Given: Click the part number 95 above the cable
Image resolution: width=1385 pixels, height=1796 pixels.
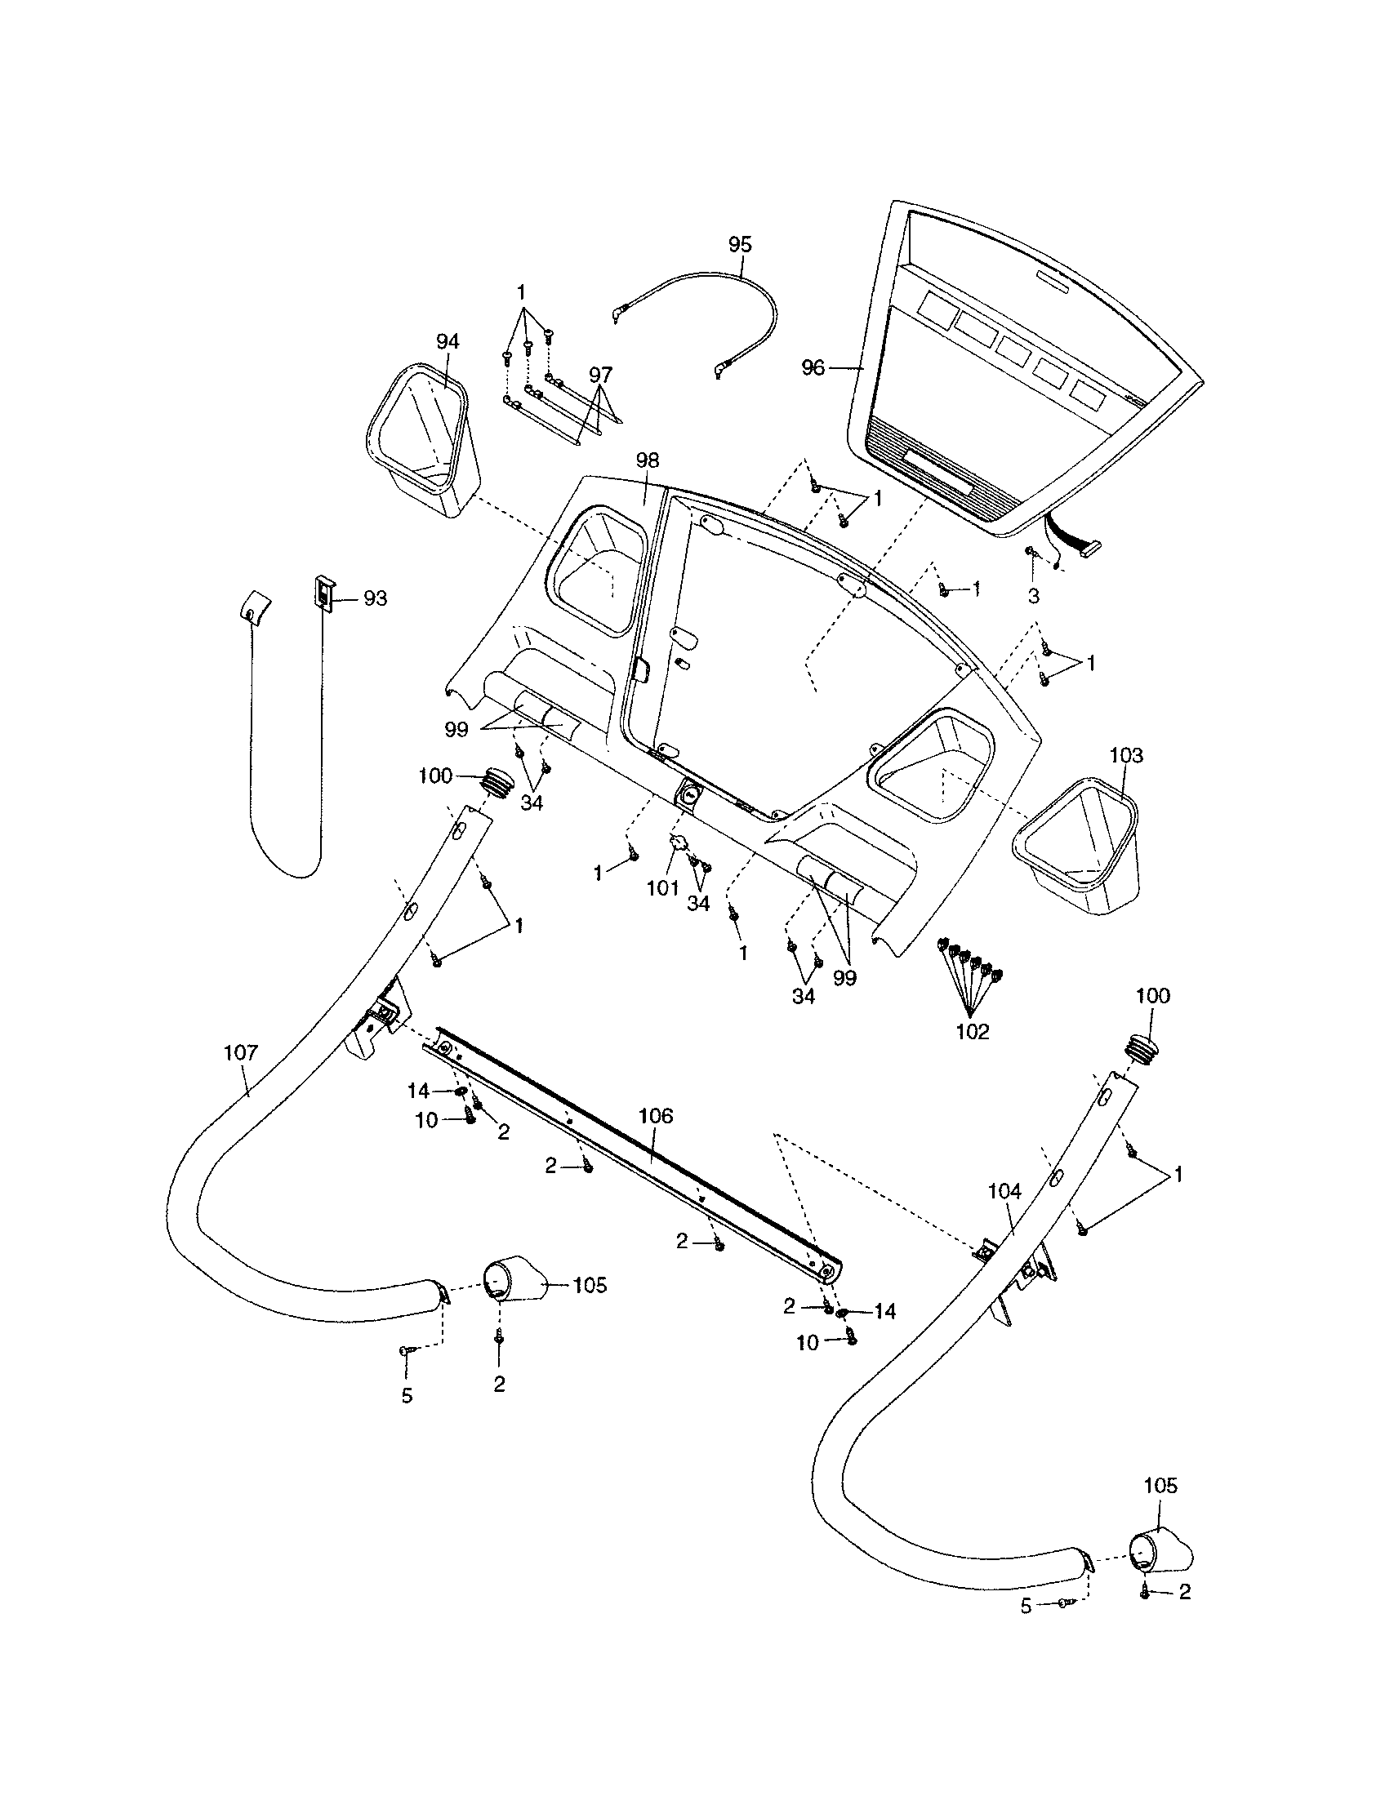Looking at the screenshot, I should coord(740,244).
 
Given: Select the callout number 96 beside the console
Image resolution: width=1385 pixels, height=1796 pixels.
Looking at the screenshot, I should coord(813,368).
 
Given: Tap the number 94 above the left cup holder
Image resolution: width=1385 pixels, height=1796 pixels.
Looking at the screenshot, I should coord(448,341).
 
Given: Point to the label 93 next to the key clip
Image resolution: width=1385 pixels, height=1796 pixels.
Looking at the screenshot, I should coord(375,598).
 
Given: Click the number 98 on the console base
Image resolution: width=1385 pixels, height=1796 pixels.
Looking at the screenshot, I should coord(648,460).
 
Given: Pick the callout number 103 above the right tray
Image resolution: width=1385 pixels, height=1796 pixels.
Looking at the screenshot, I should coord(1126,755).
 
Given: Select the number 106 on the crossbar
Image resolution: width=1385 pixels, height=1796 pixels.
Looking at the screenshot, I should coord(656,1116).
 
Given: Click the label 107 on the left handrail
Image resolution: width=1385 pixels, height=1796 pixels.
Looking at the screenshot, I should coord(241,1051).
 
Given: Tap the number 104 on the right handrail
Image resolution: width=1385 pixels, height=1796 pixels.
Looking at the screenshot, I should coord(1004,1191).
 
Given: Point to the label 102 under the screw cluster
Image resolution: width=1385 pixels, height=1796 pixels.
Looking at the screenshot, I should coord(972,1031).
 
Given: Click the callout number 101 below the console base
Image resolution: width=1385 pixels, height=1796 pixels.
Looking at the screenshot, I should coord(663,887).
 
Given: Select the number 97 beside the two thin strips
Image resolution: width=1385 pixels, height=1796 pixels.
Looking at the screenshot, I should coord(600,374).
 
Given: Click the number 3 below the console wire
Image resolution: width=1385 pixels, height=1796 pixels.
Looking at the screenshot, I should coord(1034,596).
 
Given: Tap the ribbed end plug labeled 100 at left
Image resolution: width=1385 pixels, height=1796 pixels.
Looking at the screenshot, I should coord(497,778).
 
